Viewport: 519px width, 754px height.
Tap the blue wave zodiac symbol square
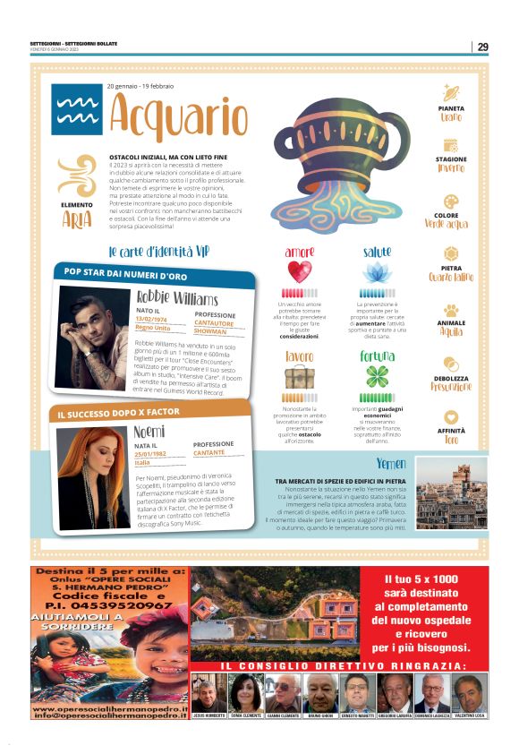pyautogui.click(x=76, y=109)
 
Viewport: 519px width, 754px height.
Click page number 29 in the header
pyautogui.click(x=482, y=47)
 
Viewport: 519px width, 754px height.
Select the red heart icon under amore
pyautogui.click(x=299, y=271)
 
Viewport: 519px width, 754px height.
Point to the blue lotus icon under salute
pyautogui.click(x=376, y=271)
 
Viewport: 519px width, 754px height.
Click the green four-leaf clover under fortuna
pyautogui.click(x=376, y=376)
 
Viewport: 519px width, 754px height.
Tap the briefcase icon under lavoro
pyautogui.click(x=299, y=377)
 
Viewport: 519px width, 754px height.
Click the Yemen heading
pyautogui.click(x=391, y=464)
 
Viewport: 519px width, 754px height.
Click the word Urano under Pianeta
pyautogui.click(x=452, y=117)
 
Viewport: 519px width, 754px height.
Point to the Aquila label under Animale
pyautogui.click(x=452, y=331)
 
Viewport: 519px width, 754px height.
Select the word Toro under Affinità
pyautogui.click(x=452, y=441)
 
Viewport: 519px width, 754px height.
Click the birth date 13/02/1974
pyautogui.click(x=152, y=319)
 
